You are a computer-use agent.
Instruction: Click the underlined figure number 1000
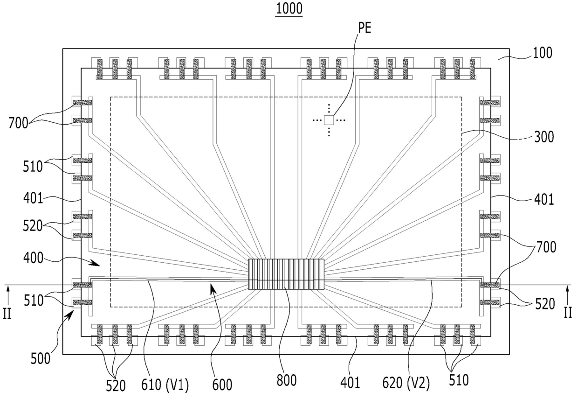pyautogui.click(x=289, y=9)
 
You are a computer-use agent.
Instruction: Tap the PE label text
pyautogui.click(x=365, y=28)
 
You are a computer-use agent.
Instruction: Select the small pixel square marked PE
pyautogui.click(x=329, y=120)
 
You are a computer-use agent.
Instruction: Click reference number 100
pyautogui.click(x=543, y=53)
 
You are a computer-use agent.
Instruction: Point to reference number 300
pyautogui.click(x=544, y=137)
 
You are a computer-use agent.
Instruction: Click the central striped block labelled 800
pyautogui.click(x=286, y=274)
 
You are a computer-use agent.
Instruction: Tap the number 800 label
pyautogui.click(x=286, y=380)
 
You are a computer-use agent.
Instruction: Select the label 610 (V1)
pyautogui.click(x=165, y=385)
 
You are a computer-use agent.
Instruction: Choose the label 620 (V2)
pyautogui.click(x=406, y=383)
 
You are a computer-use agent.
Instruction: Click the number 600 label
pyautogui.click(x=222, y=385)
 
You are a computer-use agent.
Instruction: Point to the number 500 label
pyautogui.click(x=41, y=359)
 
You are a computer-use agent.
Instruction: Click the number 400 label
pyautogui.click(x=33, y=258)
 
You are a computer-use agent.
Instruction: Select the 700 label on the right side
pyautogui.click(x=546, y=247)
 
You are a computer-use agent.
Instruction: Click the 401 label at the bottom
pyautogui.click(x=350, y=383)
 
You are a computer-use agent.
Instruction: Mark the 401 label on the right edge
pyautogui.click(x=544, y=200)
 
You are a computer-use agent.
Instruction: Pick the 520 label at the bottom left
pyautogui.click(x=116, y=386)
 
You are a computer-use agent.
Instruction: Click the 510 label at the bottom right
pyautogui.click(x=459, y=380)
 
